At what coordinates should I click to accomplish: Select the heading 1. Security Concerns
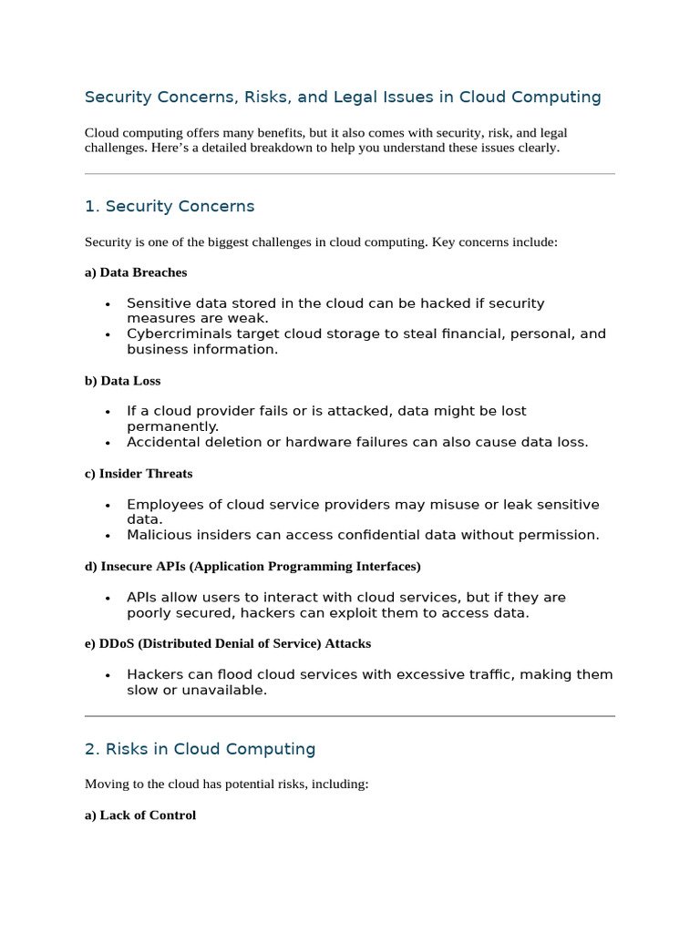click(170, 207)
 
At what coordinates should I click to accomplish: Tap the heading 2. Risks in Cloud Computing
click(200, 749)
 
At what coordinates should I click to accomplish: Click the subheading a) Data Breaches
click(136, 272)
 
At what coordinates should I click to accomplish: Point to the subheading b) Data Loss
click(122, 381)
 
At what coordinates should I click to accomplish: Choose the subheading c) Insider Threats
click(139, 474)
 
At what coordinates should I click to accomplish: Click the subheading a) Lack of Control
click(140, 815)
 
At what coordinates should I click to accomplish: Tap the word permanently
click(172, 426)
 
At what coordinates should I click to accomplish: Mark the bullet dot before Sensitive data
click(108, 304)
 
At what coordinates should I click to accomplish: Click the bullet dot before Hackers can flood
click(108, 676)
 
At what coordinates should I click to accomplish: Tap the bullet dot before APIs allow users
click(108, 599)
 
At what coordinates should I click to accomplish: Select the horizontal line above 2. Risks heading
click(350, 716)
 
